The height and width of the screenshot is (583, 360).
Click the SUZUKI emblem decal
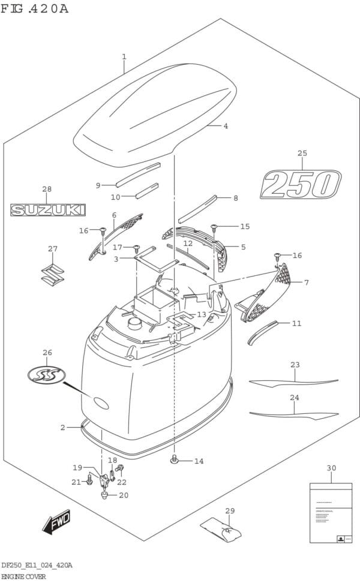pos(48,209)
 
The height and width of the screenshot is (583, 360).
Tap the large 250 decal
pos(300,184)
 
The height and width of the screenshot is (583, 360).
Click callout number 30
pos(331,468)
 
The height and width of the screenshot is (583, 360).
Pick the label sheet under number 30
pos(331,513)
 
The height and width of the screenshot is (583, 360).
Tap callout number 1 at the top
pos(124,57)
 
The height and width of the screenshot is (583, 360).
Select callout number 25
pos(302,154)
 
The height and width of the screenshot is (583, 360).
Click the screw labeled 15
pos(214,226)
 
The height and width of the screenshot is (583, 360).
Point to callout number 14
pos(199,461)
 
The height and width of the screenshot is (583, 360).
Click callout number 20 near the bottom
pos(124,495)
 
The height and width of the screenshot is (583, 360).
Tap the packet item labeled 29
pos(221,530)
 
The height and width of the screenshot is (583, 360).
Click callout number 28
pos(47,190)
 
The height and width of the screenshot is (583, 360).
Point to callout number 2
pos(62,427)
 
